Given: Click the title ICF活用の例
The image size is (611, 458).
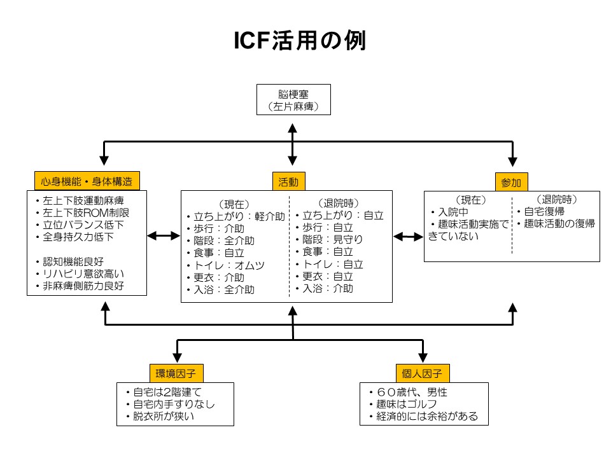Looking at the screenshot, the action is (x=300, y=40).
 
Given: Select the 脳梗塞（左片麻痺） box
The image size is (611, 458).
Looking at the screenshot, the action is (x=293, y=100).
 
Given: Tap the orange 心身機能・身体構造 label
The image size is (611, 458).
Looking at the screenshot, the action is (x=87, y=181).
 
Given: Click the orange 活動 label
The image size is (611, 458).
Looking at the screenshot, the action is (x=288, y=182).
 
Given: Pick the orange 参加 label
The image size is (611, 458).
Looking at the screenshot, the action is (x=511, y=183).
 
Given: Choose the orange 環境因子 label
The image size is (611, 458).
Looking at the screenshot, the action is (x=176, y=373).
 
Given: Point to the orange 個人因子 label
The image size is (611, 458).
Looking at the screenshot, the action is (x=423, y=373).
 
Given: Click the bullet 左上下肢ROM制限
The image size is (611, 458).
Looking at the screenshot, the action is (x=83, y=212).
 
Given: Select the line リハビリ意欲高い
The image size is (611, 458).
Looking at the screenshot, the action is (x=80, y=274).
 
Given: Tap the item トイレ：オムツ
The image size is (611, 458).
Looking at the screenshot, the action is (x=225, y=266).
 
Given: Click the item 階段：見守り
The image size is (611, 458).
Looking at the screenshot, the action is (x=329, y=240).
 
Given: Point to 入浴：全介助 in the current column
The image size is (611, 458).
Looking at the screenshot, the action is (x=221, y=290).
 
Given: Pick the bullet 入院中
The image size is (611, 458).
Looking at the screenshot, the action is (x=450, y=212).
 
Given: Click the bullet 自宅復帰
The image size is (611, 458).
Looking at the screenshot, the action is (x=540, y=211).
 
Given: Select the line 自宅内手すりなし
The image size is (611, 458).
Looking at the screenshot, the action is (x=171, y=405).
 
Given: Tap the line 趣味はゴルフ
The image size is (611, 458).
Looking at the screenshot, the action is (x=403, y=405).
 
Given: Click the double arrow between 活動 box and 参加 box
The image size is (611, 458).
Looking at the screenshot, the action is (x=408, y=237).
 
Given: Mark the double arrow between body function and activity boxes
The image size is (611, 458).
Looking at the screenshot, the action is (x=164, y=235).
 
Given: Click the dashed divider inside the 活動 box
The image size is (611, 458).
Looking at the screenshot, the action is (x=289, y=247).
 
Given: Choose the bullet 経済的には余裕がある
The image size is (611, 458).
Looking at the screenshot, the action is (x=424, y=416).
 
